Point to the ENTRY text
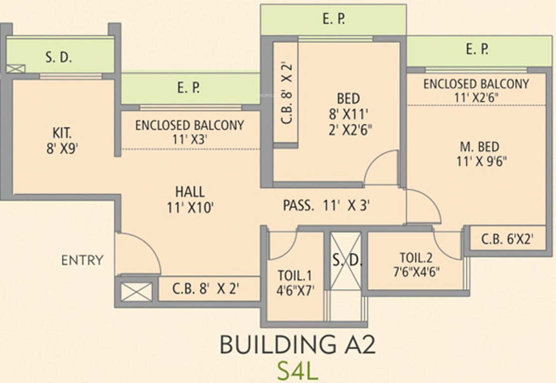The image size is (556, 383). [x=82, y=260]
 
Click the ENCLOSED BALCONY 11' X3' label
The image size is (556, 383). [x=189, y=132]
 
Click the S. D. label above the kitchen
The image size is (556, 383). [x=59, y=57]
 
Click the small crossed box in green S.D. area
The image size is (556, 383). [x=15, y=69]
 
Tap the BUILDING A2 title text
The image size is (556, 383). [x=297, y=345]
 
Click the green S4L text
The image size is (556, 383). [x=298, y=371]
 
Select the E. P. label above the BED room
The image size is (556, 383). [x=334, y=19]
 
